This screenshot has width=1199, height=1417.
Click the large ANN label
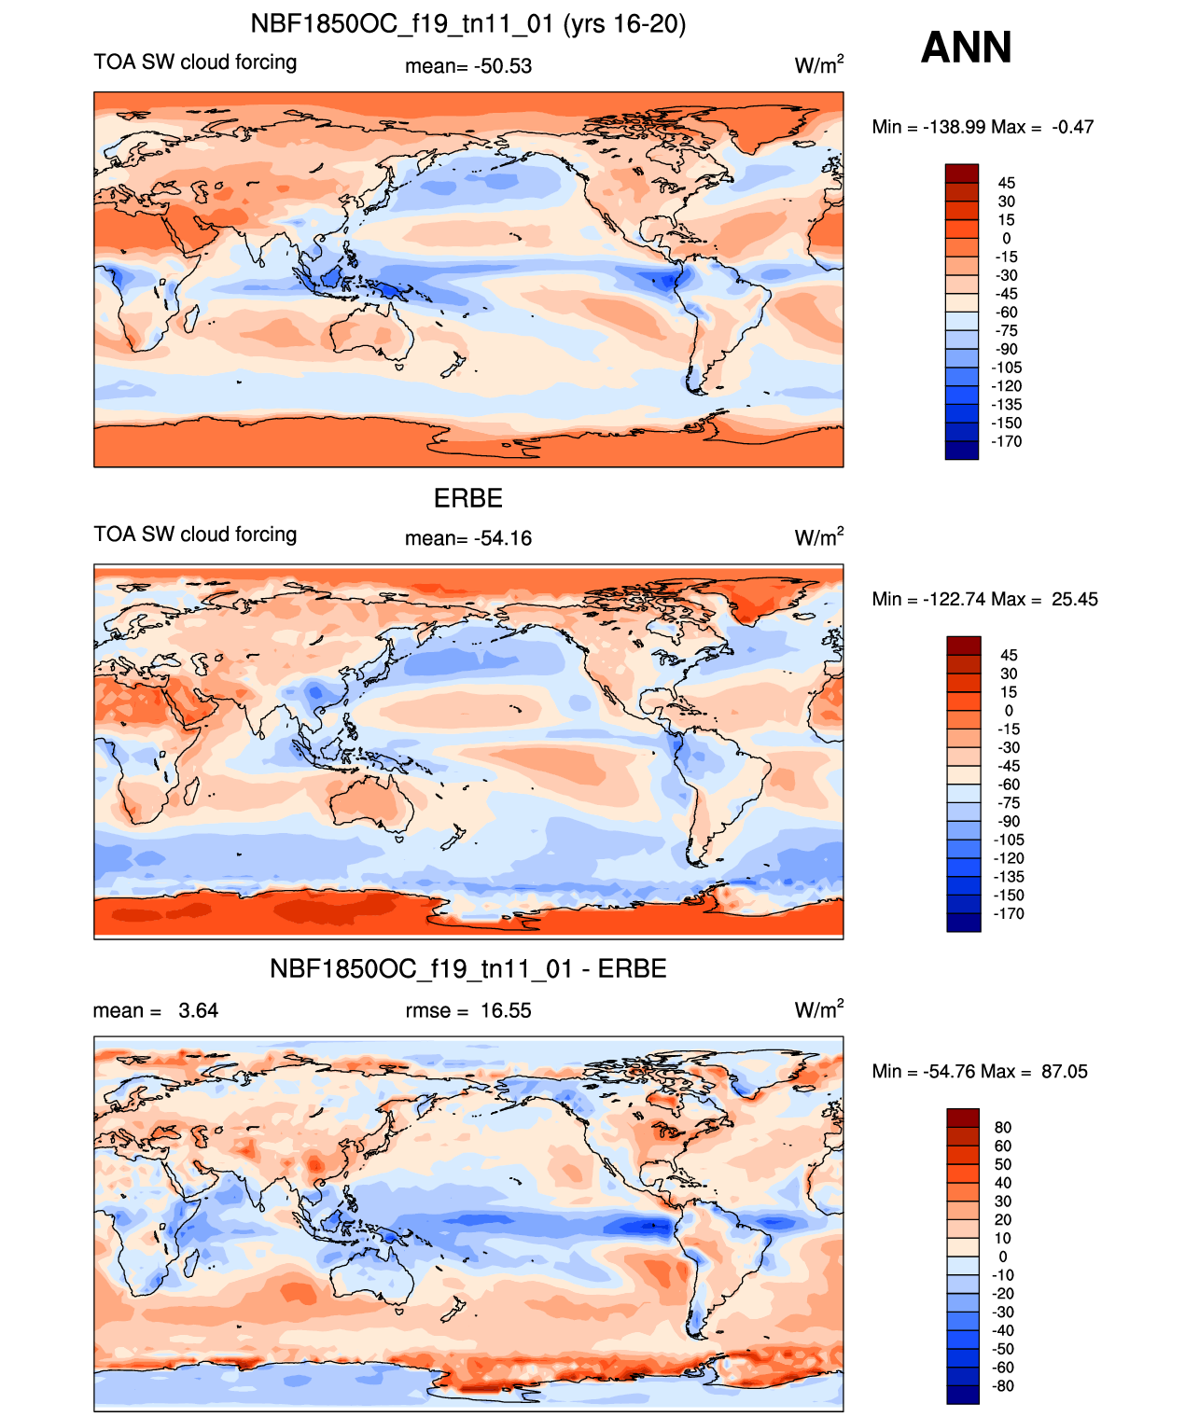(x=966, y=48)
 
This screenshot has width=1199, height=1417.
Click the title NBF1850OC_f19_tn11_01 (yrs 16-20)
(x=467, y=24)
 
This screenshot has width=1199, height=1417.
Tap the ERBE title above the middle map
(x=467, y=498)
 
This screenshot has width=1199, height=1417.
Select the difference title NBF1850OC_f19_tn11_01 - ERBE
(x=467, y=969)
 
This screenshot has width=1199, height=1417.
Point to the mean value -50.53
(x=468, y=66)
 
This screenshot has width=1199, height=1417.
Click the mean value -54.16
(x=468, y=538)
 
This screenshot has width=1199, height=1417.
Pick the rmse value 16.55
(x=468, y=1010)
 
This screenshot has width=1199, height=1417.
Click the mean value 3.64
(x=156, y=1010)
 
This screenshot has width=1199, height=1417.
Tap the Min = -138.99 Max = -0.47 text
(x=982, y=127)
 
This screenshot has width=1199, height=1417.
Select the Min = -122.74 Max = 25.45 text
(x=984, y=599)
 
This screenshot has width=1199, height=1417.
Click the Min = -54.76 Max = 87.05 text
(x=980, y=1071)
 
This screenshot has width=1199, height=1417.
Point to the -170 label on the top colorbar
(x=1007, y=441)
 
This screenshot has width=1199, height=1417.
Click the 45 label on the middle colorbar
(x=1008, y=655)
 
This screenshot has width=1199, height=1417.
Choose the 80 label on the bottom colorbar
(x=1003, y=1127)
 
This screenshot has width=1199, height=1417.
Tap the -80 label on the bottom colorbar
(x=1003, y=1385)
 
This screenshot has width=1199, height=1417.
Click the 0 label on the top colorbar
(x=1007, y=238)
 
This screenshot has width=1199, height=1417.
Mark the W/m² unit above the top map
(x=818, y=65)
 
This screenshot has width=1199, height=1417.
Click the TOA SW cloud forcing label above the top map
(x=195, y=63)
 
